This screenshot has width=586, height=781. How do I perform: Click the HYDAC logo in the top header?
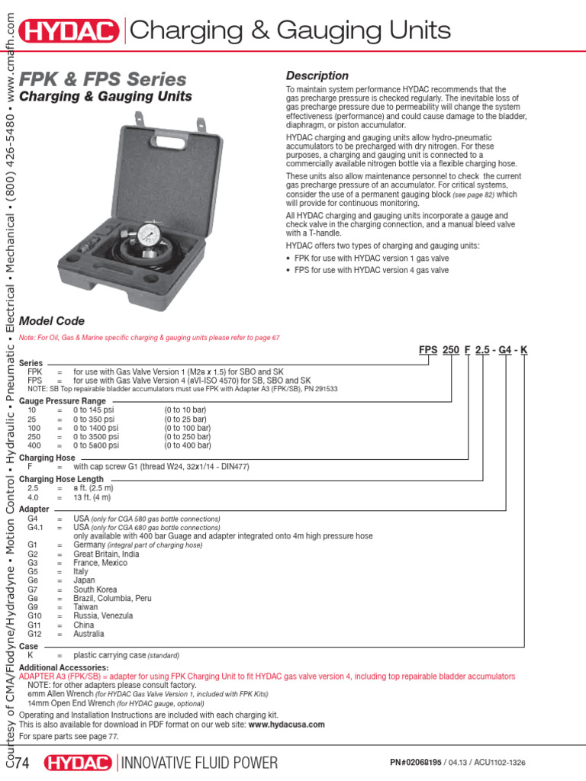point(70,31)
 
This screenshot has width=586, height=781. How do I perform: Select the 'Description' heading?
point(317,76)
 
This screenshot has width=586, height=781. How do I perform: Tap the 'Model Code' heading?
point(52,321)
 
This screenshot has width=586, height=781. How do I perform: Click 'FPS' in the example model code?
point(429,350)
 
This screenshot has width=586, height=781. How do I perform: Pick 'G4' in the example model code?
point(504,350)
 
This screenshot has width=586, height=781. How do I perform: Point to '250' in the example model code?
point(451,350)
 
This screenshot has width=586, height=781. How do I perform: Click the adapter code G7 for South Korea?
point(32,590)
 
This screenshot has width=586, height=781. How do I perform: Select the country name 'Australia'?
point(89,634)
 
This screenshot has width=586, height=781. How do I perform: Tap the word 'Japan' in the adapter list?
point(84,580)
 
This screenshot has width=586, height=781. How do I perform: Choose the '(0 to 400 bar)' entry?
point(188,445)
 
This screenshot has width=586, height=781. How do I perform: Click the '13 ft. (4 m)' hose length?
point(92,497)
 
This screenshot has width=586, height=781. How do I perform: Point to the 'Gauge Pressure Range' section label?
point(63,400)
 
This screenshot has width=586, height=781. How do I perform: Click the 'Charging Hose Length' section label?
point(61,479)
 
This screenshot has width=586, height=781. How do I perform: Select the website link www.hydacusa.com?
point(286,725)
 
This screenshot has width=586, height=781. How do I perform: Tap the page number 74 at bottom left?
point(21,763)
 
